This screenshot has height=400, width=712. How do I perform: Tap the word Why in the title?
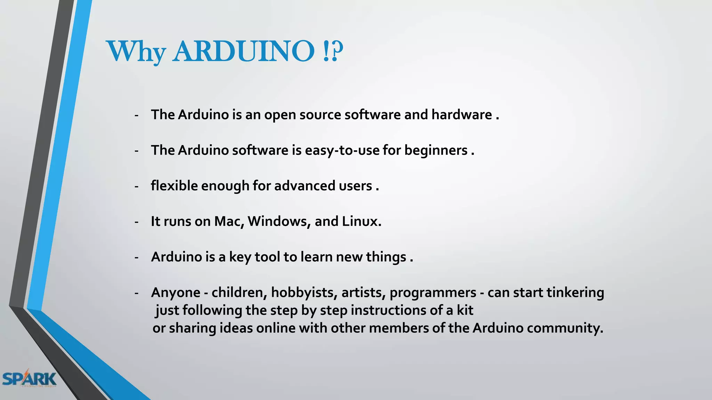[x=136, y=52]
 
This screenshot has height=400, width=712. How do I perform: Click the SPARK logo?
[x=29, y=378]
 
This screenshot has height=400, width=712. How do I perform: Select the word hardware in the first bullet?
[x=462, y=115]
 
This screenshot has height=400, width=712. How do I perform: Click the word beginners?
[x=436, y=150]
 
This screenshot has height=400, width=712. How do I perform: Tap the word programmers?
[x=433, y=293]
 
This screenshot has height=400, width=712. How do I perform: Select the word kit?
[x=465, y=310]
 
